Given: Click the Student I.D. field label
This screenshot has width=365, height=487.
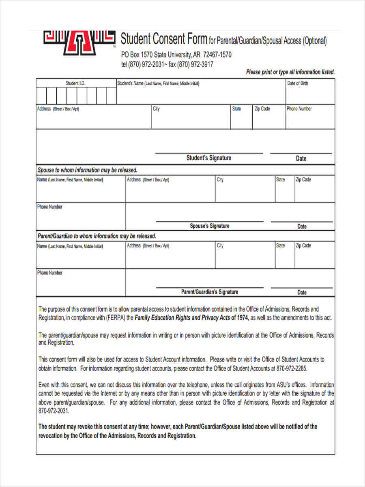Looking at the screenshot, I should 75,83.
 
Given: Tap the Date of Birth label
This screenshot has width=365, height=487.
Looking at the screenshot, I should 298,83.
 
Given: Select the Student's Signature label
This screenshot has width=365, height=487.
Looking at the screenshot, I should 208,158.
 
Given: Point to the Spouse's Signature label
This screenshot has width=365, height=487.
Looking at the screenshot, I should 209,226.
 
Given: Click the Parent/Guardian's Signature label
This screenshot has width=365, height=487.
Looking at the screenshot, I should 209,292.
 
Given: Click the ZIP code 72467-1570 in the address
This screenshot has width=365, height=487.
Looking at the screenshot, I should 217,55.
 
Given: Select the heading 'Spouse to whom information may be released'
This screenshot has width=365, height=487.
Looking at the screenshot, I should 87,170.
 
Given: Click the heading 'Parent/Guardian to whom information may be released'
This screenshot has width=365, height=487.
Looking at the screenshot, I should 97,236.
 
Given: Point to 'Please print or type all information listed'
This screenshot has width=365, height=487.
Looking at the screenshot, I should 290,72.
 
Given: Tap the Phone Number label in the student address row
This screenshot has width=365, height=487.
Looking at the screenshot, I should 299,109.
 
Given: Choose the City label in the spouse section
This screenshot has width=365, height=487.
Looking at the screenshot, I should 220,179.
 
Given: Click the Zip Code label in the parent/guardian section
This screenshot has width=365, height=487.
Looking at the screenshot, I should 303,246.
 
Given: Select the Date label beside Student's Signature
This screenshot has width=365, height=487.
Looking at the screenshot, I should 301,158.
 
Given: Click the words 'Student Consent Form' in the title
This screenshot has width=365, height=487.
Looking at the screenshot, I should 164,39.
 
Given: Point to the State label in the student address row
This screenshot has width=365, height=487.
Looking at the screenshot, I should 236,109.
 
